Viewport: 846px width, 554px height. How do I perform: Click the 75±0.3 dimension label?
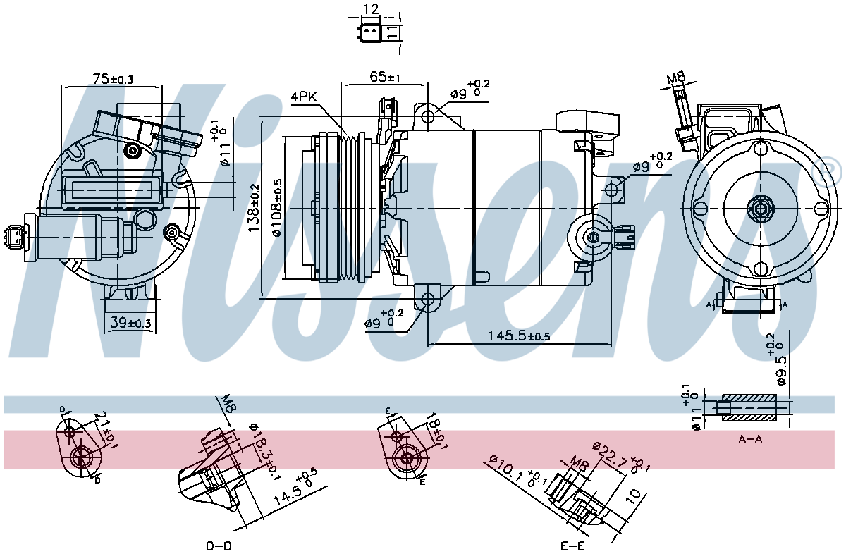click(113, 79)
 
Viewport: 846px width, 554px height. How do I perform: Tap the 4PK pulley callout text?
click(305, 97)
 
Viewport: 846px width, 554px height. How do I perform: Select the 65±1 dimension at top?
click(385, 77)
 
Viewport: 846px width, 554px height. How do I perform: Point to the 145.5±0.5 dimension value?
click(519, 336)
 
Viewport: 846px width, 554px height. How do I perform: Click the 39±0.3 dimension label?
click(131, 323)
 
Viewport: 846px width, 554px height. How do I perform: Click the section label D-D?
click(219, 546)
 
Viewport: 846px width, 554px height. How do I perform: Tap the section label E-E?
click(572, 546)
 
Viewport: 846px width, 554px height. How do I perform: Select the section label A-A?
click(750, 439)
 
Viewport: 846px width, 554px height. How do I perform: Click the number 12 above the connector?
click(371, 9)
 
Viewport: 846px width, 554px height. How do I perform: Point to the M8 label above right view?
click(676, 77)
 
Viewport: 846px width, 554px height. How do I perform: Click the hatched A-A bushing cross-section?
click(751, 408)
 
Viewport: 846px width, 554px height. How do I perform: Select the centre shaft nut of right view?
click(760, 209)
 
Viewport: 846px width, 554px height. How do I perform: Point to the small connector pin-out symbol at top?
click(371, 32)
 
